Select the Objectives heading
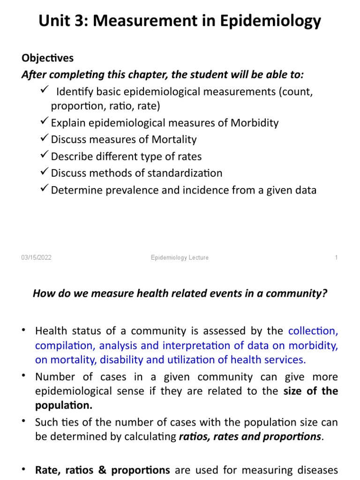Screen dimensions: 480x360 (47, 58)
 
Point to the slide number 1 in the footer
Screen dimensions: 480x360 (336, 258)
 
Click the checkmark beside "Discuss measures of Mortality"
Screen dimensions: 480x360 (45, 139)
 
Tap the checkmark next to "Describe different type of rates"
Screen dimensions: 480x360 (45, 156)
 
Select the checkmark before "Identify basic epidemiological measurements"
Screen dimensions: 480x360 (45, 90)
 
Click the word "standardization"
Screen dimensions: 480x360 (190, 173)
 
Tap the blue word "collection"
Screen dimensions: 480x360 (313, 331)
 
